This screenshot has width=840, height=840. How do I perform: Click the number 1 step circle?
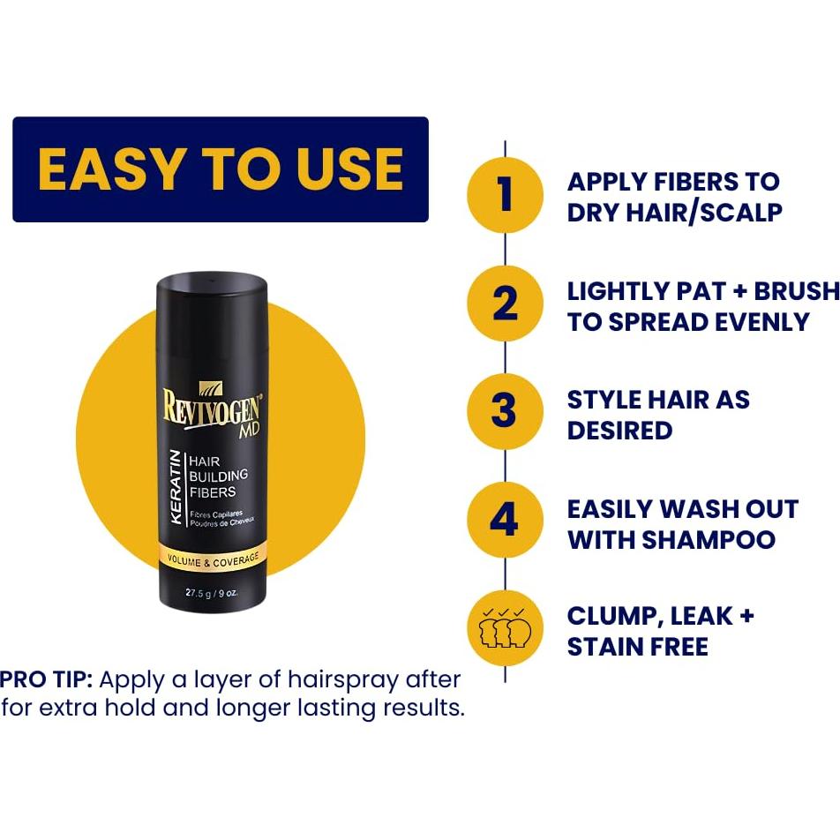tap(505, 195)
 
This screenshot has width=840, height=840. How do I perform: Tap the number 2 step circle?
tap(505, 304)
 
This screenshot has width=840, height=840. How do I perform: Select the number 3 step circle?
tap(504, 412)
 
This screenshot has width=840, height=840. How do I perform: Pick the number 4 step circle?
tap(504, 521)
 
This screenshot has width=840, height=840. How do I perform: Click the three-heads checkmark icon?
tap(504, 629)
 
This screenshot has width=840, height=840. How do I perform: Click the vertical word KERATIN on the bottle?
tap(175, 487)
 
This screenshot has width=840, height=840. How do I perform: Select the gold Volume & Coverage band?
tap(212, 559)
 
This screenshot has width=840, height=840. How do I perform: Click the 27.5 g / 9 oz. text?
tap(212, 593)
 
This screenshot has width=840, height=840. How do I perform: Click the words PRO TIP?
tap(46, 679)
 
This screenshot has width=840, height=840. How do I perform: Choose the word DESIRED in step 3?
tap(619, 431)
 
